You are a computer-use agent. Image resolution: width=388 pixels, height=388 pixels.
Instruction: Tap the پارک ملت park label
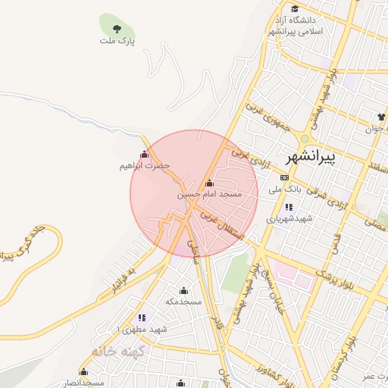click(116, 39)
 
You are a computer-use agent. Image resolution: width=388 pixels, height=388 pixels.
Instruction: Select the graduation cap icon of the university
click(294, 20)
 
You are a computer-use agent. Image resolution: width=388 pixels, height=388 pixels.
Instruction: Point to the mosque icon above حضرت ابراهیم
click(144, 155)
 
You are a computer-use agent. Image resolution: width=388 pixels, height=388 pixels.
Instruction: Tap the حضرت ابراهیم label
click(144, 165)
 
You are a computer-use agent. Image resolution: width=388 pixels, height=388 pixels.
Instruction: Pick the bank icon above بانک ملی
click(284, 177)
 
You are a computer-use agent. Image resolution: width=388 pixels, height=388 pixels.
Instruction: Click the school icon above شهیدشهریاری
click(289, 206)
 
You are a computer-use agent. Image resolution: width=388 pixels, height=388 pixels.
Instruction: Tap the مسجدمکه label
click(183, 302)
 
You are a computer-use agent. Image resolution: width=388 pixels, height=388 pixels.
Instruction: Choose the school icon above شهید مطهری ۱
click(141, 318)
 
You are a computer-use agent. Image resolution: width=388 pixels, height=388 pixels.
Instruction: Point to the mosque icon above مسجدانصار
click(83, 372)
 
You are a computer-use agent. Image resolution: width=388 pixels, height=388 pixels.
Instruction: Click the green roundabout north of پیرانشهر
click(304, 139)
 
